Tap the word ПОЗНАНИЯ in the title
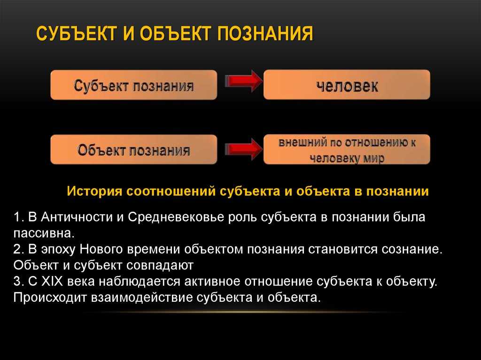click(x=266, y=33)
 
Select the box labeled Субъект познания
click(x=134, y=85)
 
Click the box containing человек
click(x=347, y=84)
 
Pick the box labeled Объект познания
click(x=134, y=150)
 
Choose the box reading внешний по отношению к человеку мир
click(x=347, y=149)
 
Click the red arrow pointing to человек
click(x=244, y=81)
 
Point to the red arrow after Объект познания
click(x=244, y=149)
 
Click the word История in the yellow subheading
click(x=94, y=191)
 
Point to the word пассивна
click(x=44, y=234)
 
